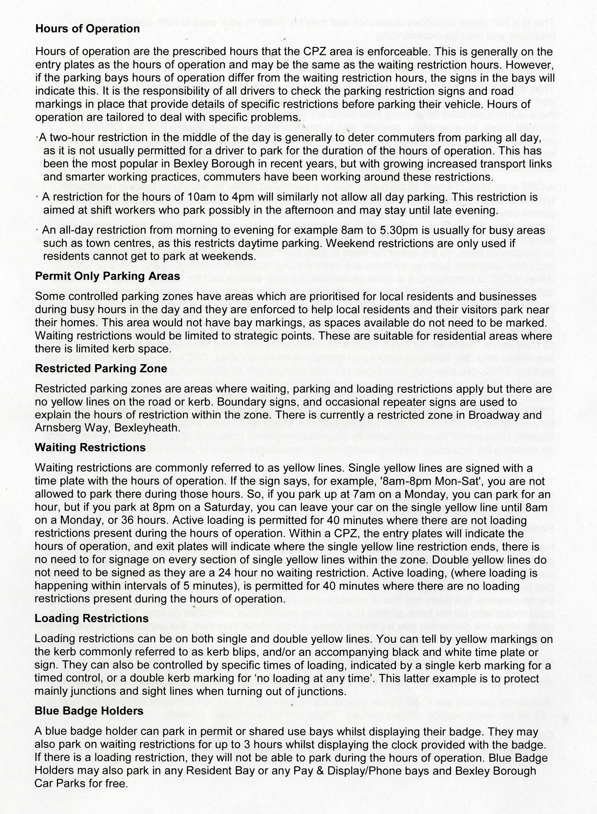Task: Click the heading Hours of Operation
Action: coord(87,29)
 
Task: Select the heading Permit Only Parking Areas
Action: coord(107,276)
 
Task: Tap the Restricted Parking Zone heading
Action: coord(101,369)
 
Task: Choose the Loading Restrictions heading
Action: coord(91,618)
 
